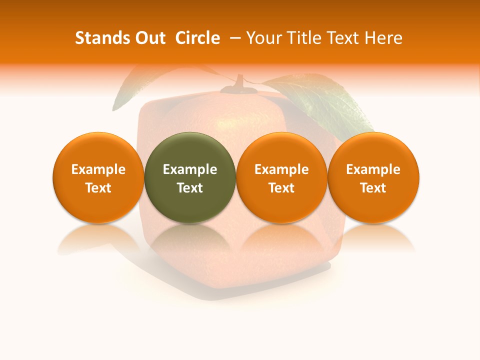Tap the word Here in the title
(383, 38)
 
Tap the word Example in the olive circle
(190, 169)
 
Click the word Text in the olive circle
(190, 188)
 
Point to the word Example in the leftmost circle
(98, 169)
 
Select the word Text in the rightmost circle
(373, 188)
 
